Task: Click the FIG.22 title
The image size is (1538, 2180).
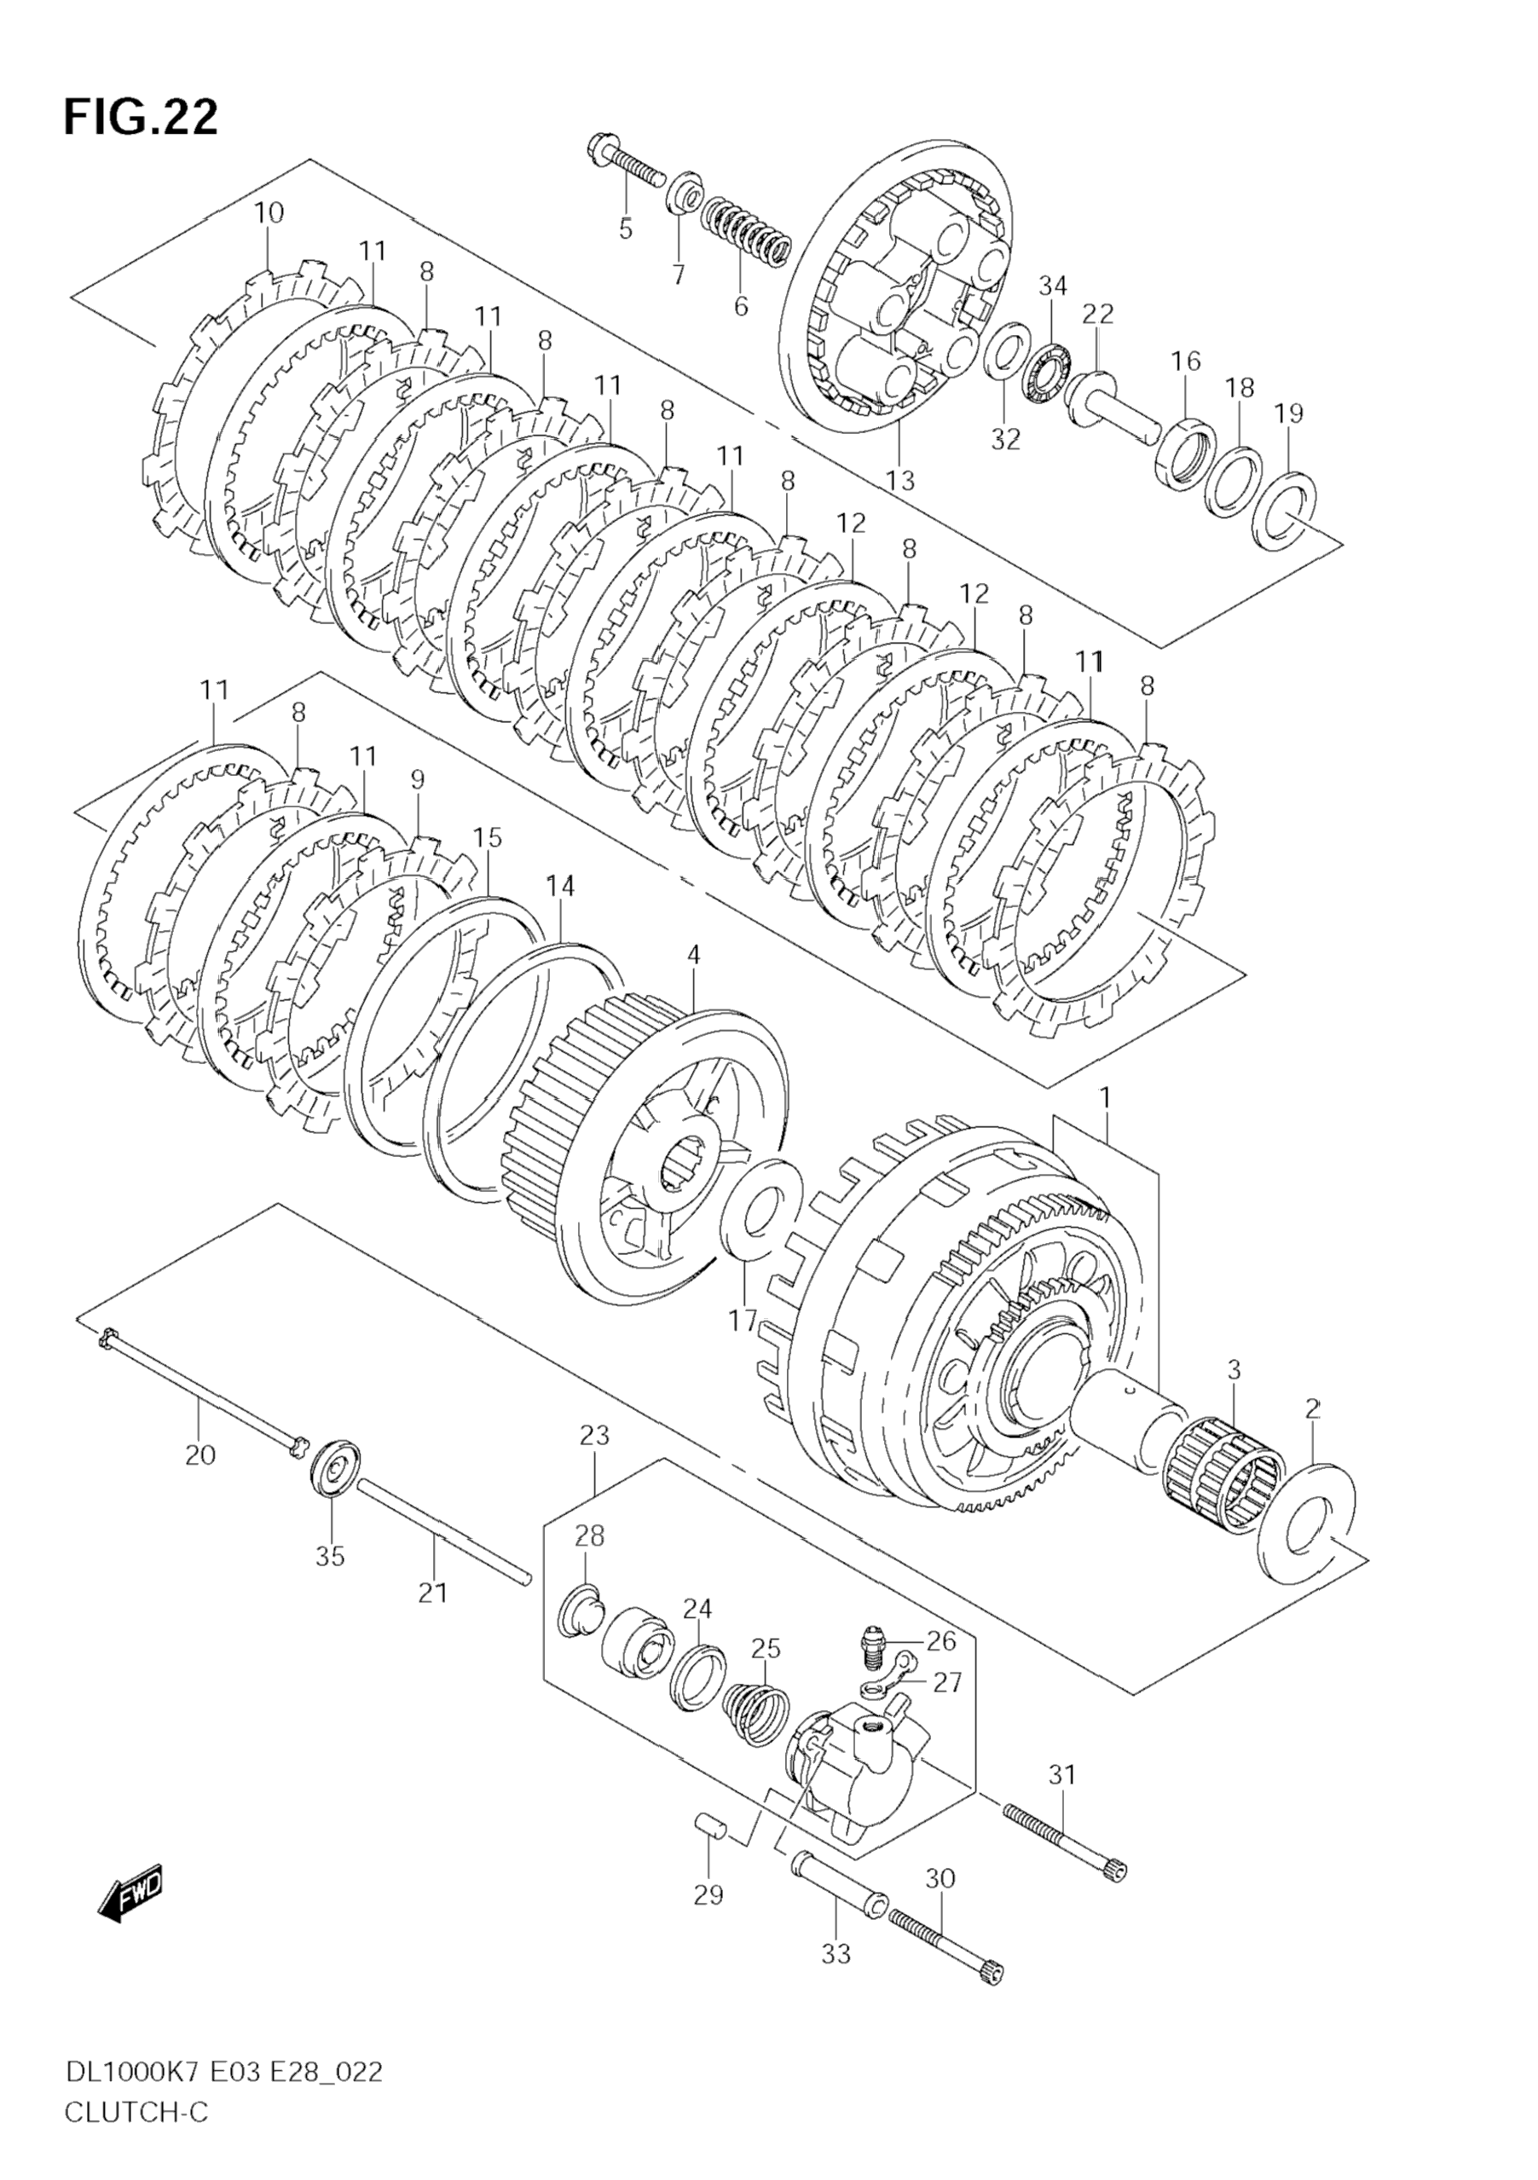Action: pos(141,118)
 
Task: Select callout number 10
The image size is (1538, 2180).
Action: pos(269,212)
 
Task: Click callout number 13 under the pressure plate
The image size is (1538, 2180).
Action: pos(900,481)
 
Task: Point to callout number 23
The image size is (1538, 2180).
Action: pos(594,1436)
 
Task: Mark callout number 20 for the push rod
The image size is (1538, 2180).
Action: pos(200,1454)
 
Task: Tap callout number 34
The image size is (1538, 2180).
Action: pos(1052,286)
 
